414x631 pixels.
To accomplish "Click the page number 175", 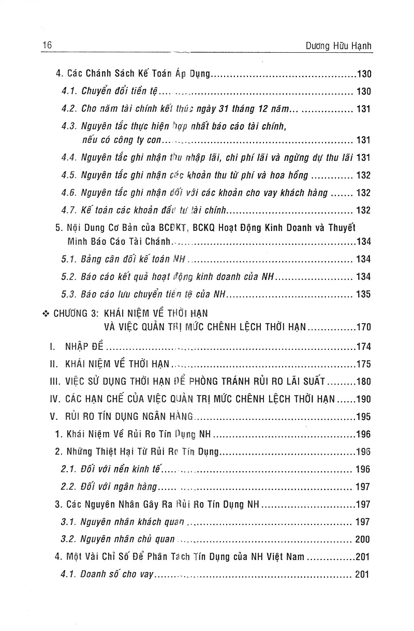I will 363,364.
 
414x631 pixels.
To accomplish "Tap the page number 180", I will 363,381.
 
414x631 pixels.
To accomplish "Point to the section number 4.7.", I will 69,210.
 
